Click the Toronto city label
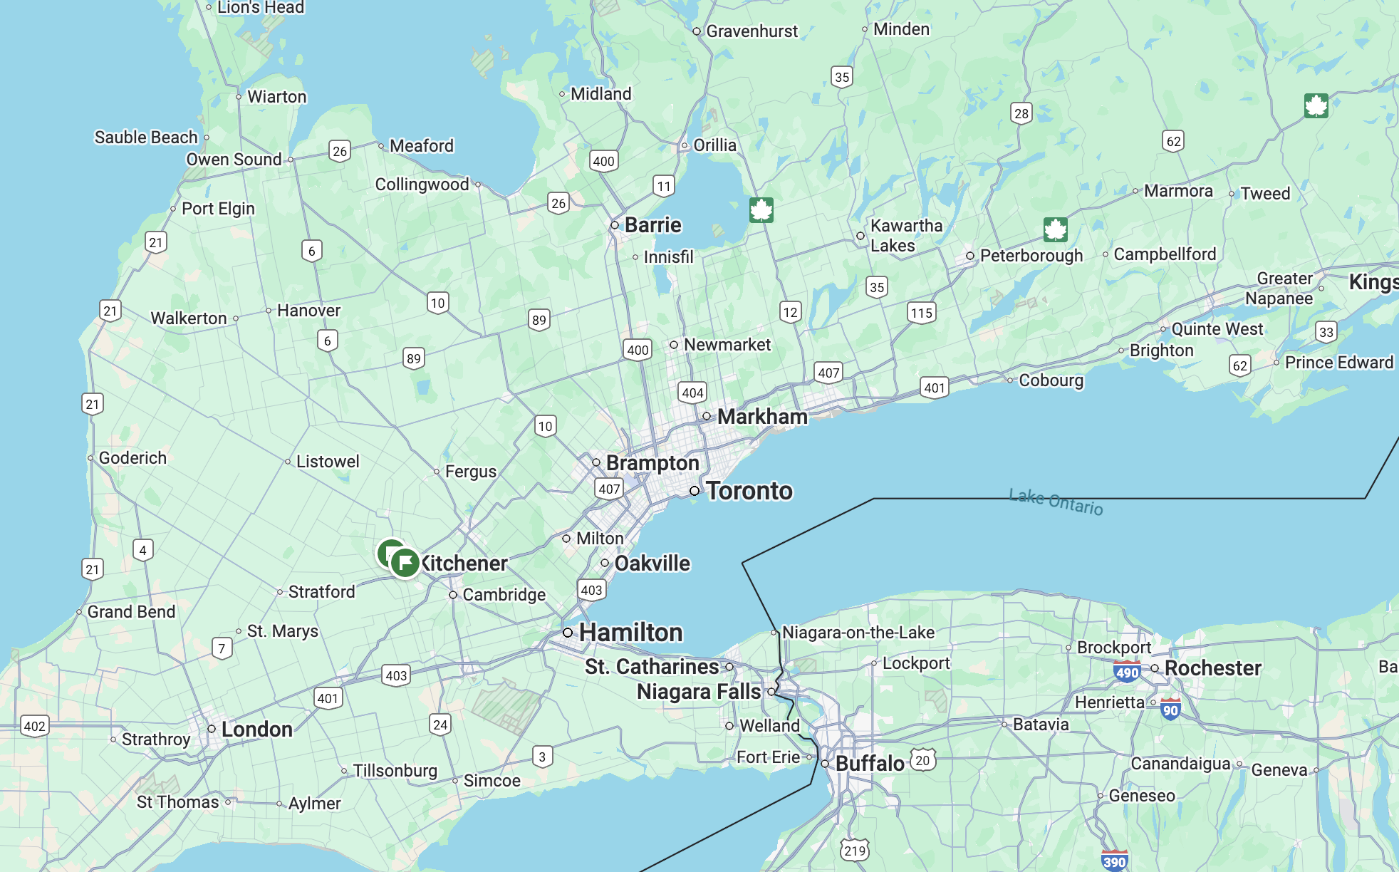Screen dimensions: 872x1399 749,491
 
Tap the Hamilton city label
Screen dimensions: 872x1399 630,633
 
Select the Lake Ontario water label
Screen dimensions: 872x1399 1056,502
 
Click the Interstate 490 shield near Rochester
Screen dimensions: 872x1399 1127,672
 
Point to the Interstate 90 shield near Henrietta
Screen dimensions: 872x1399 1170,709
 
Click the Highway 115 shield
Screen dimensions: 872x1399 921,313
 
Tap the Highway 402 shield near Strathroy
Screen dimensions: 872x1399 34,726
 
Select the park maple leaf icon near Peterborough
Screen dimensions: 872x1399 1055,229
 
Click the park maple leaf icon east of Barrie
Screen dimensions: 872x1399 761,210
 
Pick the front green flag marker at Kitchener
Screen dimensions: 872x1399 405,563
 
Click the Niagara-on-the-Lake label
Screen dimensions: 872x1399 858,632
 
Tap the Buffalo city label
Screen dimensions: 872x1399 869,764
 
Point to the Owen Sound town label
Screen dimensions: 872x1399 234,160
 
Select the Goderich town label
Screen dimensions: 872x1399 132,458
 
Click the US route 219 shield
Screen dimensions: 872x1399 855,851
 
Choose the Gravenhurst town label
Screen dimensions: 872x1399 751,31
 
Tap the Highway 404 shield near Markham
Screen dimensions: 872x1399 692,393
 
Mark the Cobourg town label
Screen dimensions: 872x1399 1051,380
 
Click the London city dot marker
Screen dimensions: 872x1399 212,729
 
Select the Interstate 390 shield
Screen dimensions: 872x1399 1114,861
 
